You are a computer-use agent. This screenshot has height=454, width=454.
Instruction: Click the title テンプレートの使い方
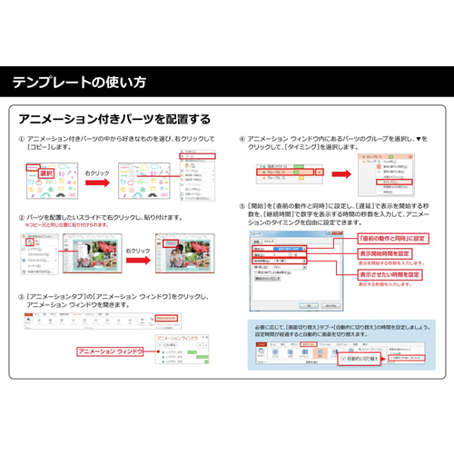[x=78, y=83]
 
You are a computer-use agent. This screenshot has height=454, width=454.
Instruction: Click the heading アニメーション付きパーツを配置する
[x=114, y=119]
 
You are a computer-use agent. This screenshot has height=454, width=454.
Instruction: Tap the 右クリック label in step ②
[x=138, y=249]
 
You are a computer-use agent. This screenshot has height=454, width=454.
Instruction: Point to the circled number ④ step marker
[x=242, y=137]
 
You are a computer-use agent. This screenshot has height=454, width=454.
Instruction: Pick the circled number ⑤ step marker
[x=242, y=207]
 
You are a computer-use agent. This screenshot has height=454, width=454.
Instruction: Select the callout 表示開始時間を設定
[x=384, y=253]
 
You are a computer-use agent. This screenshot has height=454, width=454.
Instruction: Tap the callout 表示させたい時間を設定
[x=390, y=274]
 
